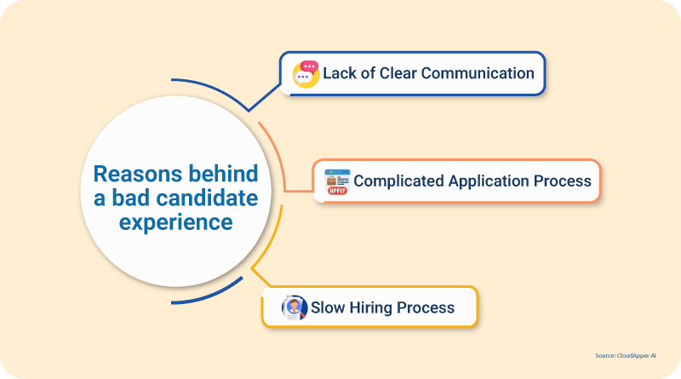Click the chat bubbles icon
point(306,74)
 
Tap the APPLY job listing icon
point(337,181)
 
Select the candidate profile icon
point(295,307)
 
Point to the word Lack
point(340,73)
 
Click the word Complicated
point(398,181)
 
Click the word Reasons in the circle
point(138,174)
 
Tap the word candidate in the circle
point(207,198)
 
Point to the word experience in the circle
point(176,223)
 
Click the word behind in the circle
point(223,174)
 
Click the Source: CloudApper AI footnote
point(626,355)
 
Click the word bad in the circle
point(131,198)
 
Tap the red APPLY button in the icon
point(337,191)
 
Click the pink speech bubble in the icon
point(309,67)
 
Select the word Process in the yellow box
point(426,307)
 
